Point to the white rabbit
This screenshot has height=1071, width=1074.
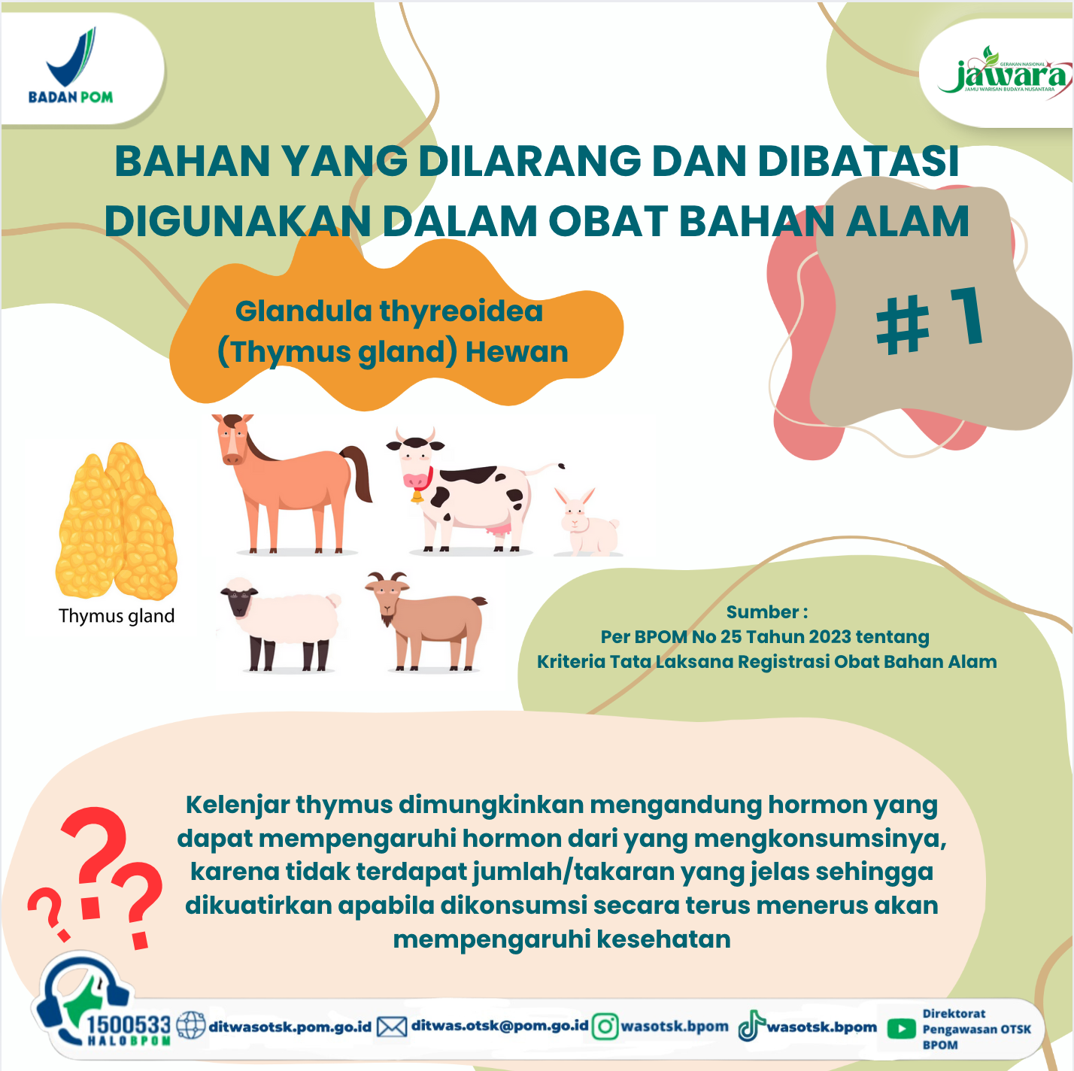587,522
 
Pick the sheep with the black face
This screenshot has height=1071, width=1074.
280,623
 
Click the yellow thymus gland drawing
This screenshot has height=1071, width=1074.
117,522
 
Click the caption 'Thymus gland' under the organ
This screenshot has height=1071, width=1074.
117,616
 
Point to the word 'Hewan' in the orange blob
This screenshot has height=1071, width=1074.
517,352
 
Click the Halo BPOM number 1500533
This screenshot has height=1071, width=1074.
129,1024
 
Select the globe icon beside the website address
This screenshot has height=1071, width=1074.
191,1026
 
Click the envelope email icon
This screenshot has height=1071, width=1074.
392,1027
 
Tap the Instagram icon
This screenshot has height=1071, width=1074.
605,1027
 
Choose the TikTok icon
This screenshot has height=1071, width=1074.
751,1026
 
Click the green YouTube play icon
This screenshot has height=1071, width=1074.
901,1029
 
